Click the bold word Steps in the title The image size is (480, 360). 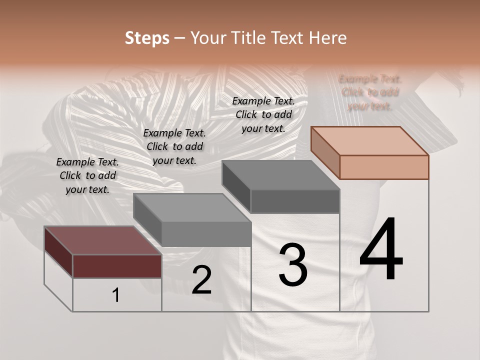click(146, 38)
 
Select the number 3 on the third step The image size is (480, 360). click(293, 265)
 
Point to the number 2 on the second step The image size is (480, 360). click(201, 280)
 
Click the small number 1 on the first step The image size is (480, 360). click(116, 295)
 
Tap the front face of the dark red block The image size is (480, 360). click(117, 266)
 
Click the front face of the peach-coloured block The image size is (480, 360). click(384, 167)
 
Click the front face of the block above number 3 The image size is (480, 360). click(295, 201)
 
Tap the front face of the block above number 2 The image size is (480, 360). click(206, 234)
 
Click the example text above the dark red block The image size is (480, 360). click(87, 176)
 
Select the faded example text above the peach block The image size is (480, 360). click(370, 92)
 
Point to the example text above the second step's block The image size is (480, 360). click(174, 147)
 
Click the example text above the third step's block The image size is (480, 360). click(263, 114)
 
